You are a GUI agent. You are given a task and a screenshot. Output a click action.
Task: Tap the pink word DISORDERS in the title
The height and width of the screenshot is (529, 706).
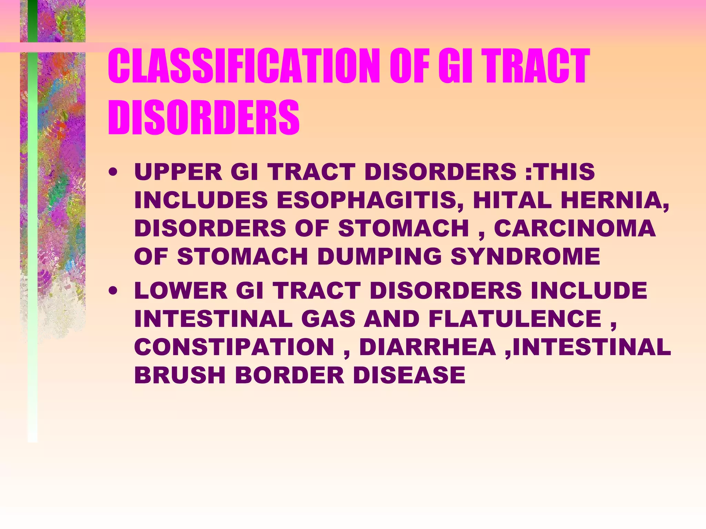204,117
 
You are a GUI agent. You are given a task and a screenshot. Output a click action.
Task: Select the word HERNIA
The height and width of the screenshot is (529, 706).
614,200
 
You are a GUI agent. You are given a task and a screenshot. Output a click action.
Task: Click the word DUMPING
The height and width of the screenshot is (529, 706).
380,257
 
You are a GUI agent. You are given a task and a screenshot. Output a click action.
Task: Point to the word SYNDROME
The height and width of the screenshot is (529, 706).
525,257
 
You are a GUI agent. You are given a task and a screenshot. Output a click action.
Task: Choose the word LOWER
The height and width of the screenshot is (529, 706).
181,290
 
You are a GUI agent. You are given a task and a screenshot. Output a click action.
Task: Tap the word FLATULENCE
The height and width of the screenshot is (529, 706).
515,319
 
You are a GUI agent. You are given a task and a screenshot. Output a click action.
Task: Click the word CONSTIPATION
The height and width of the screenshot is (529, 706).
234,347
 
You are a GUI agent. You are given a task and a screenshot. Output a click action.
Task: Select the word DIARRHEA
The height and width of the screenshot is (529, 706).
427,347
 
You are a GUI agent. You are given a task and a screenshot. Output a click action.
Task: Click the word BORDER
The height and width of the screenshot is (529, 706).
290,375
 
